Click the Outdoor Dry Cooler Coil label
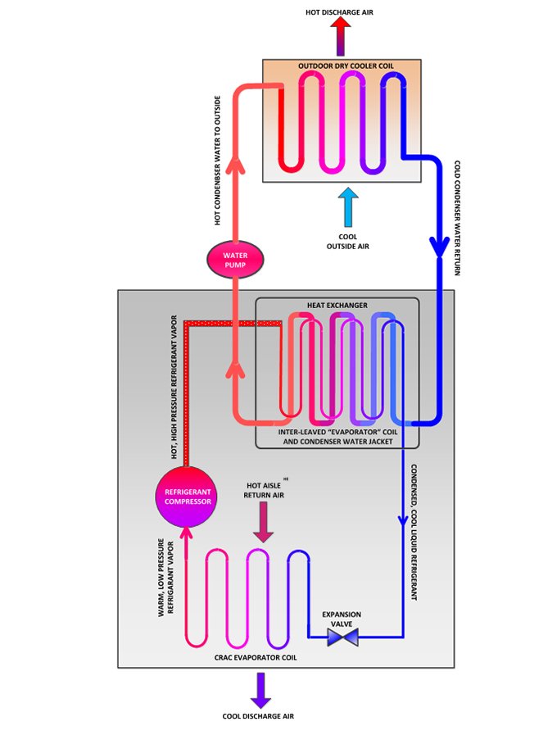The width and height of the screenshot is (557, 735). pyautogui.click(x=341, y=66)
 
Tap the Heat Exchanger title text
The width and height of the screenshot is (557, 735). pyautogui.click(x=337, y=306)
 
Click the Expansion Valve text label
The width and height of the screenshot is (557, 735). pyautogui.click(x=342, y=619)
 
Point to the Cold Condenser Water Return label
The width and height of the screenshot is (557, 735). pyautogui.click(x=457, y=218)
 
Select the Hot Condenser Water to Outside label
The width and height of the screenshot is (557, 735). pyautogui.click(x=218, y=160)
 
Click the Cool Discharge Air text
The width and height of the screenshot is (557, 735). pyautogui.click(x=258, y=716)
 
